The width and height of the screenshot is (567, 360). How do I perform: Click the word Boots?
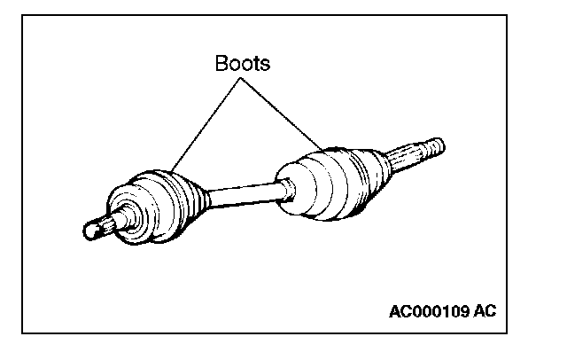pyautogui.click(x=241, y=64)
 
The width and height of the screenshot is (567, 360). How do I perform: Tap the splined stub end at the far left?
pyautogui.click(x=97, y=225)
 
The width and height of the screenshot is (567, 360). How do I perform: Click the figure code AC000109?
pyautogui.click(x=430, y=311)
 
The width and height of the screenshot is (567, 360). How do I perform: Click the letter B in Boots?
pyautogui.click(x=220, y=64)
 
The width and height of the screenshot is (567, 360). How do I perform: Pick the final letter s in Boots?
pyautogui.click(x=263, y=64)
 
